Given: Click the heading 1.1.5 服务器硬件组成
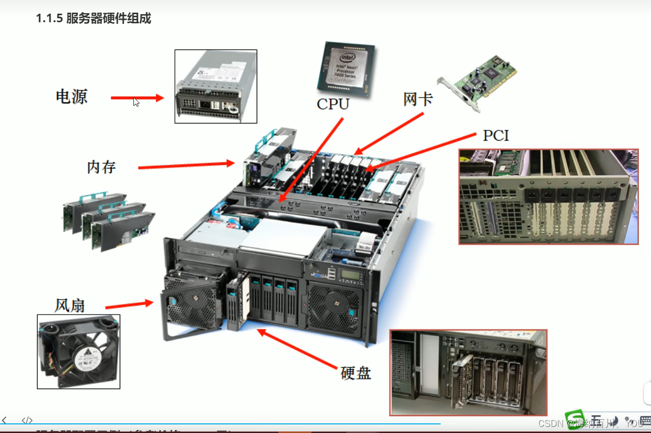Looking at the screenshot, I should click(94, 19).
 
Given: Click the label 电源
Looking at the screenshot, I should click(72, 96).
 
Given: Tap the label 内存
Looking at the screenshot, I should click(101, 166).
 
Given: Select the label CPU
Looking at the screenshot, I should click(333, 104).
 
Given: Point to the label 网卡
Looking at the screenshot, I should click(417, 99).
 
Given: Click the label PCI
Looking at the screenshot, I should click(496, 136).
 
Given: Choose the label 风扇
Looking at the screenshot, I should click(70, 306).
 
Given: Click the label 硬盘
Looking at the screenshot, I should click(356, 373).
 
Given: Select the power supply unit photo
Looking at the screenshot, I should click(216, 86).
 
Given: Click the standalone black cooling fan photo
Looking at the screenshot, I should click(78, 352).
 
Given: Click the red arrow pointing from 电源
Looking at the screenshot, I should click(137, 98).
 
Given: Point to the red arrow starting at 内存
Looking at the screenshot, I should click(186, 165).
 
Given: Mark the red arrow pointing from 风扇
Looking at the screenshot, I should click(129, 305).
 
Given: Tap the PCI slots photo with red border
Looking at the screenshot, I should click(548, 197).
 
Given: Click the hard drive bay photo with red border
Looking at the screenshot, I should click(468, 372).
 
